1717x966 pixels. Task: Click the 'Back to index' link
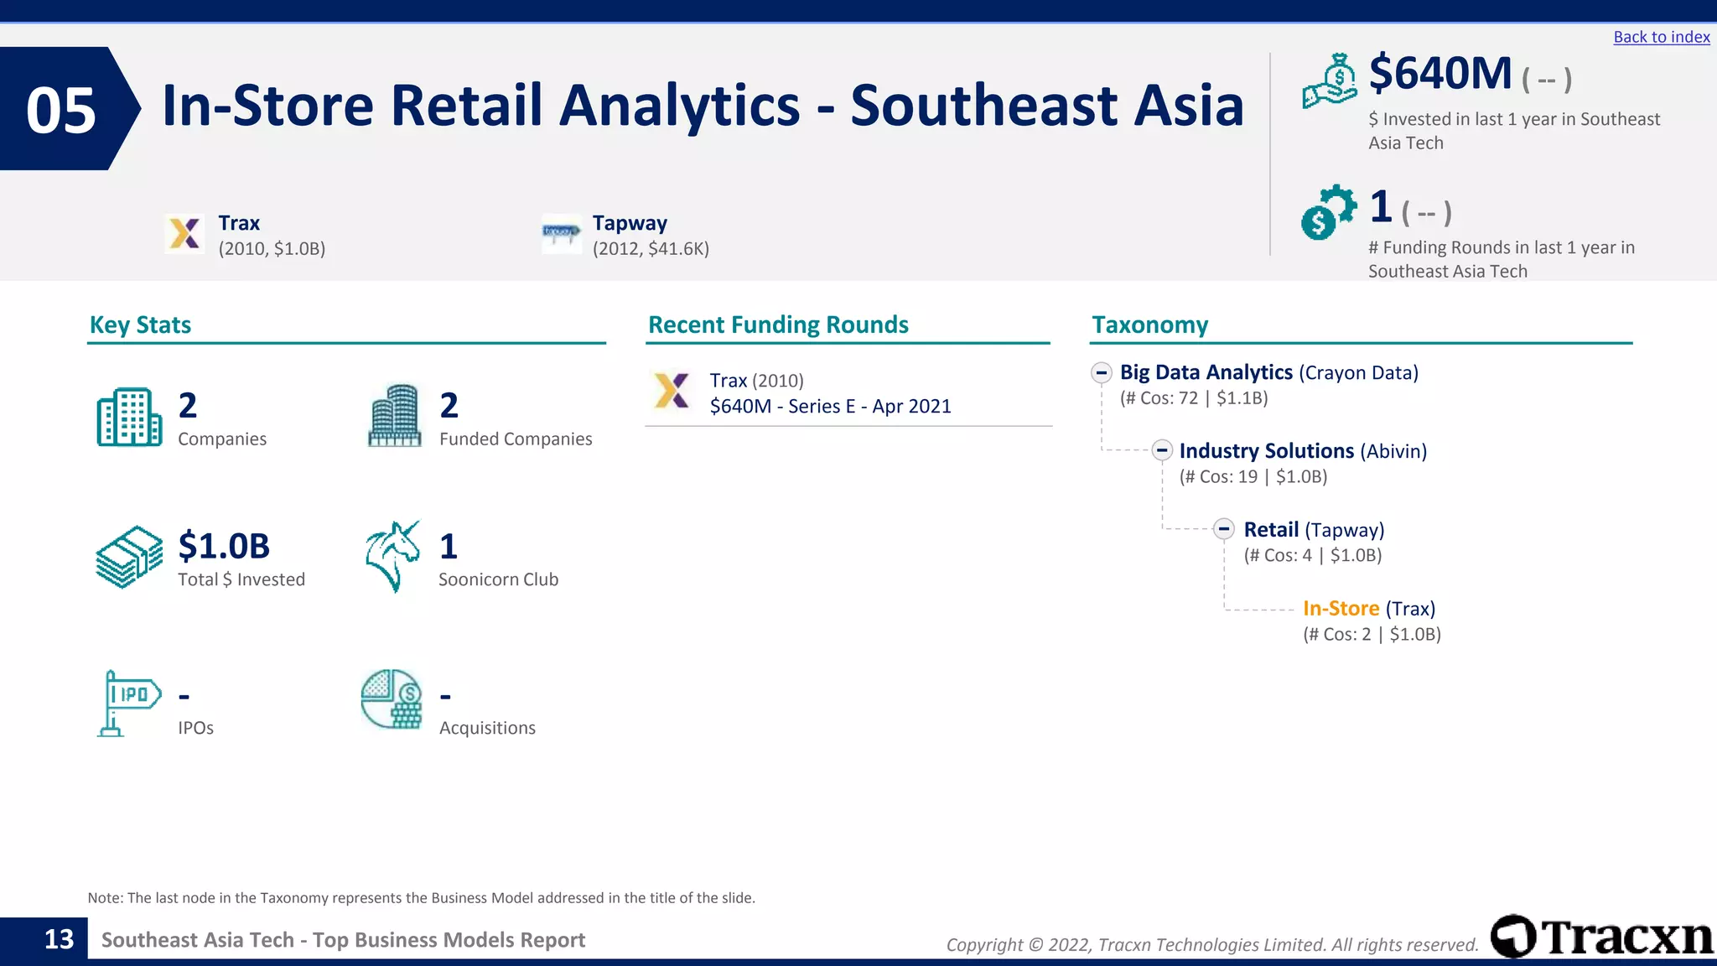click(1661, 37)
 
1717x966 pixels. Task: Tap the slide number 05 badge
click(62, 110)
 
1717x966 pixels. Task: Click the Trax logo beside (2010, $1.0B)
click(184, 233)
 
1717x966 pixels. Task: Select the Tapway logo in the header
click(561, 232)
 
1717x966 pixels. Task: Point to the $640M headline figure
click(1439, 74)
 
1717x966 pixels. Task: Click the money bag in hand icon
click(1329, 81)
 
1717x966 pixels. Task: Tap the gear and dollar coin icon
click(1328, 211)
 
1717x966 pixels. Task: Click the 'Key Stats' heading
click(140, 325)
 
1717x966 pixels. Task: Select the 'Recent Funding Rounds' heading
click(778, 325)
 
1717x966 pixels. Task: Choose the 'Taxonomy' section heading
click(1149, 325)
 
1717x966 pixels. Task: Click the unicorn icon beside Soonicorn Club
click(392, 556)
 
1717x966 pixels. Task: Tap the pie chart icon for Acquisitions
click(392, 699)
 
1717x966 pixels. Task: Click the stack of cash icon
click(129, 557)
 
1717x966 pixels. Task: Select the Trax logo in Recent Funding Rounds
click(672, 391)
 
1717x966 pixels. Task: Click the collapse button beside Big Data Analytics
click(1102, 372)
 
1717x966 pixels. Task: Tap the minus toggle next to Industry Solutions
click(1161, 451)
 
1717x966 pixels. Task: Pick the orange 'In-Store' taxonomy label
click(1341, 609)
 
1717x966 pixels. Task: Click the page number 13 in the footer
click(59, 939)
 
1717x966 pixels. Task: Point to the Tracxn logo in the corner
click(1601, 936)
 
